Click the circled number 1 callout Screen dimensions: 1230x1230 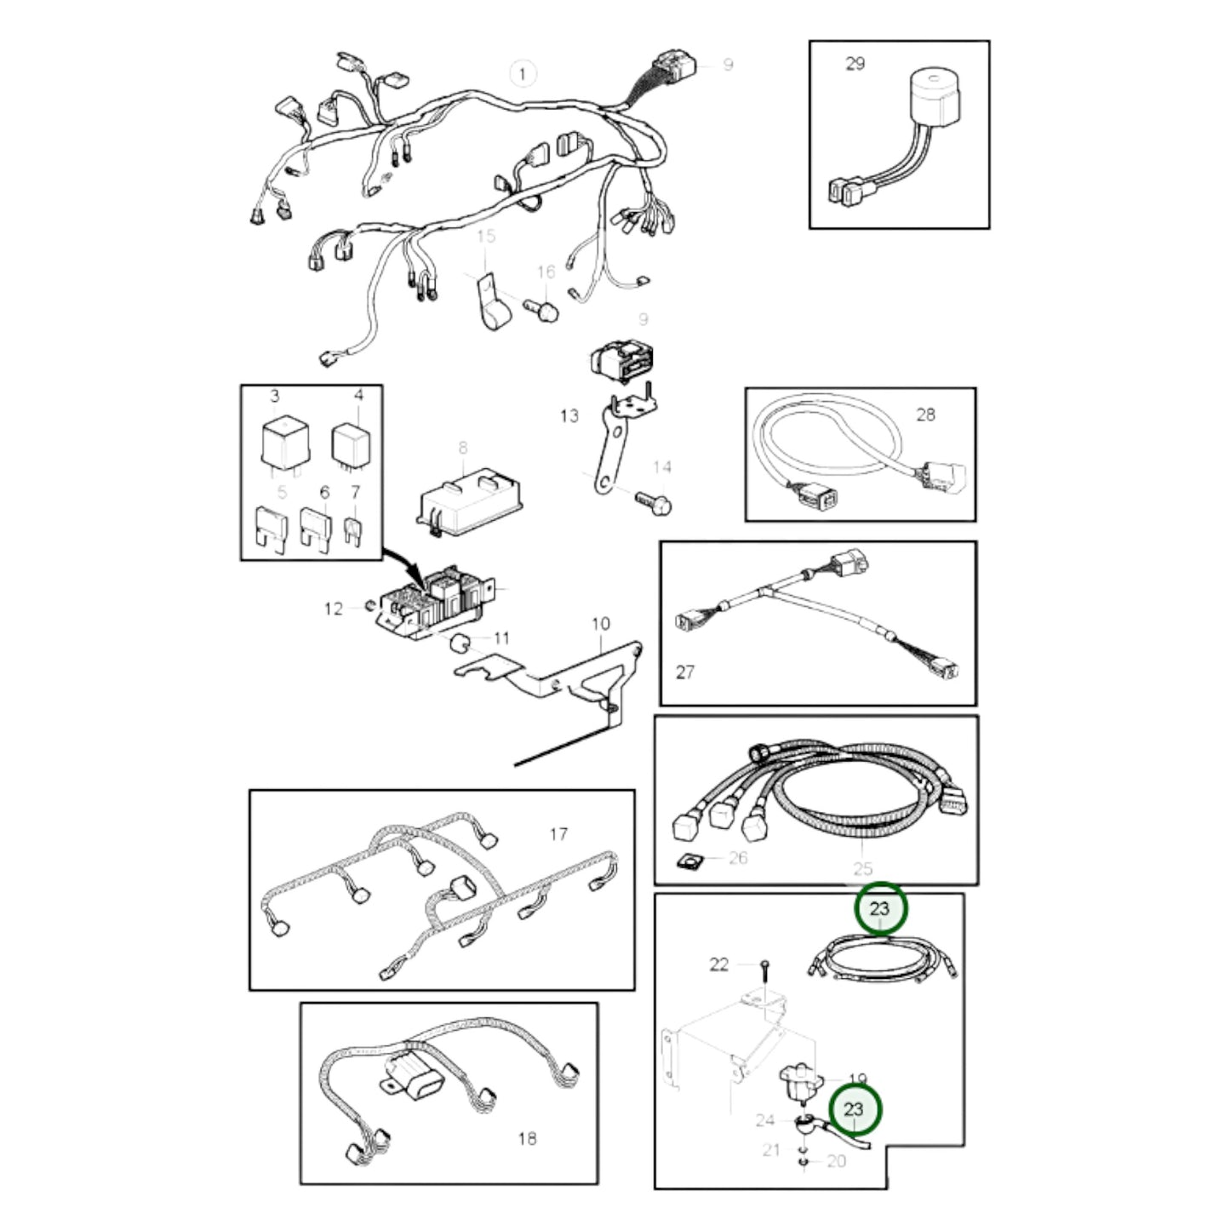[x=523, y=74]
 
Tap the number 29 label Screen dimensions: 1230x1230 [x=855, y=64]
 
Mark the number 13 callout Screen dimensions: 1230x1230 [x=569, y=415]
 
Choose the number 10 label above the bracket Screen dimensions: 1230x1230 [x=601, y=624]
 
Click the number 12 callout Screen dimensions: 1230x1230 [x=334, y=609]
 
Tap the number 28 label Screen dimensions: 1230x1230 [x=925, y=415]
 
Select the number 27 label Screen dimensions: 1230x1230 [x=685, y=672]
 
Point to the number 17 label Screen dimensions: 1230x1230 [x=558, y=834]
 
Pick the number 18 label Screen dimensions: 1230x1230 [x=527, y=1138]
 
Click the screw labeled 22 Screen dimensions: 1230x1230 [x=765, y=965]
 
